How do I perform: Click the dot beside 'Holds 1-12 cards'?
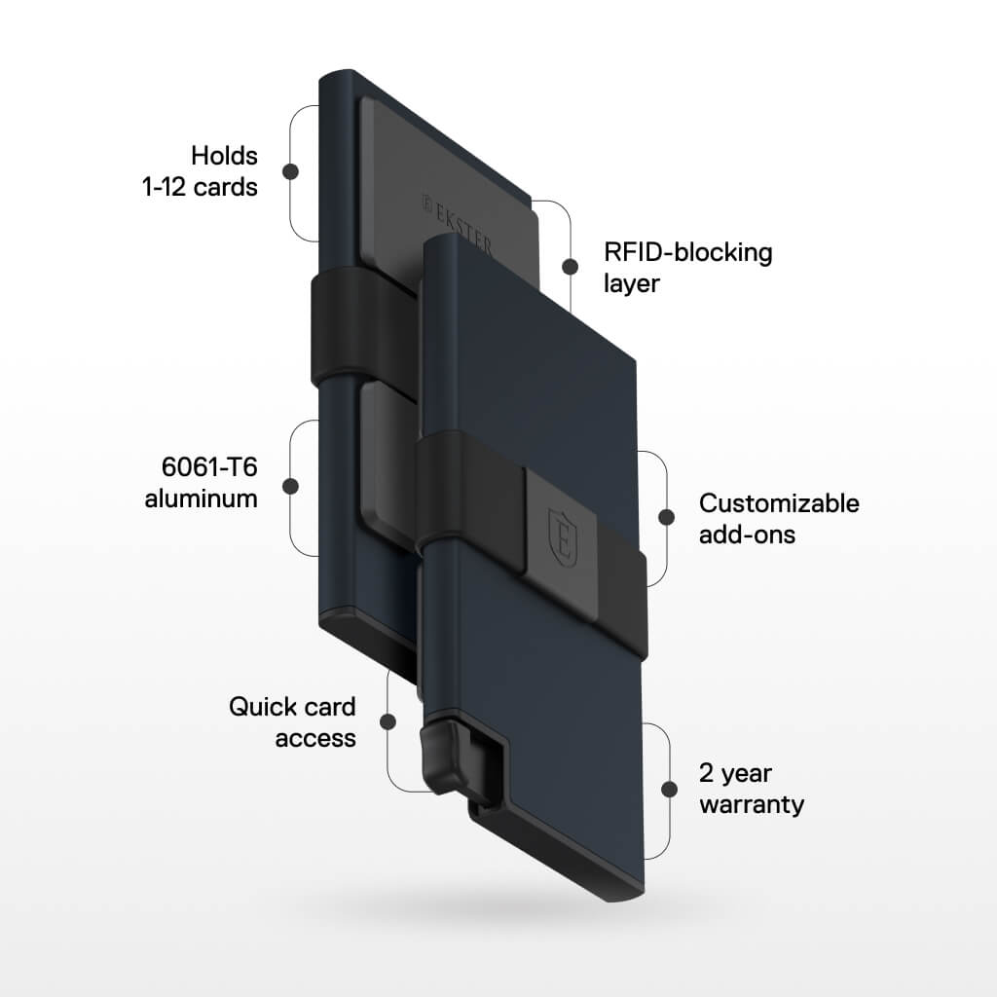pos(289,171)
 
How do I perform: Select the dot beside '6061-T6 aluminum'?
pos(289,486)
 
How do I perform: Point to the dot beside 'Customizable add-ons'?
pos(667,517)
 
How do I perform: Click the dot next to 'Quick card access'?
pos(388,721)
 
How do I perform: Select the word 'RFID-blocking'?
pos(687,252)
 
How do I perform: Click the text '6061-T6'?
pos(209,467)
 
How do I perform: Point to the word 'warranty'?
pos(751,805)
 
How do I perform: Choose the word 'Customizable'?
pos(779,503)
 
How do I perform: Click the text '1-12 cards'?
pos(200,187)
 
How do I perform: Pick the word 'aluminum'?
pos(202,498)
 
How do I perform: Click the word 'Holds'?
pos(224,156)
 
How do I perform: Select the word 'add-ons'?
pos(747,535)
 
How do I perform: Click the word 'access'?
pos(315,738)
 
